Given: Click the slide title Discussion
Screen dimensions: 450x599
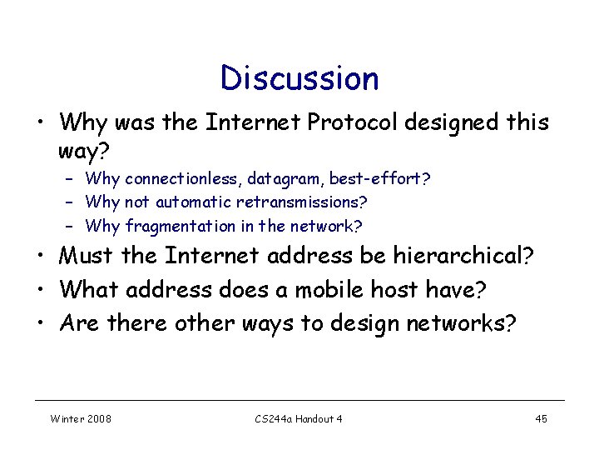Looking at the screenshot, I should point(299,78).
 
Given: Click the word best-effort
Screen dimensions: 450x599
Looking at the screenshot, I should point(379,178).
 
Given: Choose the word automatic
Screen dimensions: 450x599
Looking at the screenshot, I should point(194,202).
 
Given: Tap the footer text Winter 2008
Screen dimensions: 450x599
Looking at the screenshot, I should point(82,418).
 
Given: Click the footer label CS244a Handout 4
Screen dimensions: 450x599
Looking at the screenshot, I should point(299,418).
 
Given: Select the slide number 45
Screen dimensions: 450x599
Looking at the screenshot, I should point(541,418).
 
